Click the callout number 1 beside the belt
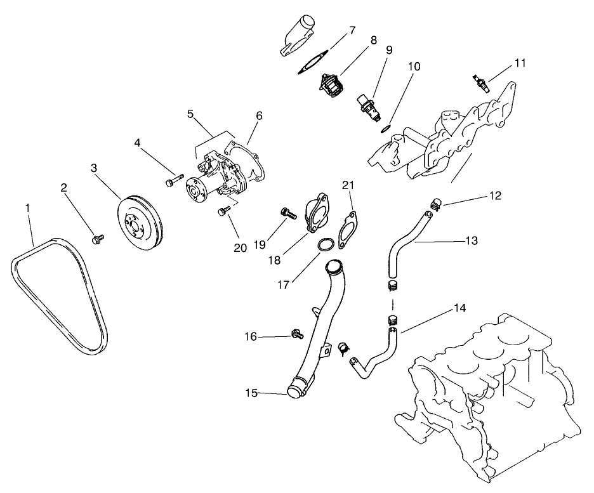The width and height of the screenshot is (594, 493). pyautogui.click(x=27, y=207)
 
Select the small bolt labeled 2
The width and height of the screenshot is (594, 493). pyautogui.click(x=98, y=239)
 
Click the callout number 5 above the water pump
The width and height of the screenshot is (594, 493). pyautogui.click(x=190, y=114)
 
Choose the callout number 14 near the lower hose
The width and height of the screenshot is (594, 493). pyautogui.click(x=459, y=308)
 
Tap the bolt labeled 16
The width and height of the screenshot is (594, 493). pyautogui.click(x=296, y=333)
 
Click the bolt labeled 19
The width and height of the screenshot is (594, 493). pyautogui.click(x=288, y=214)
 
